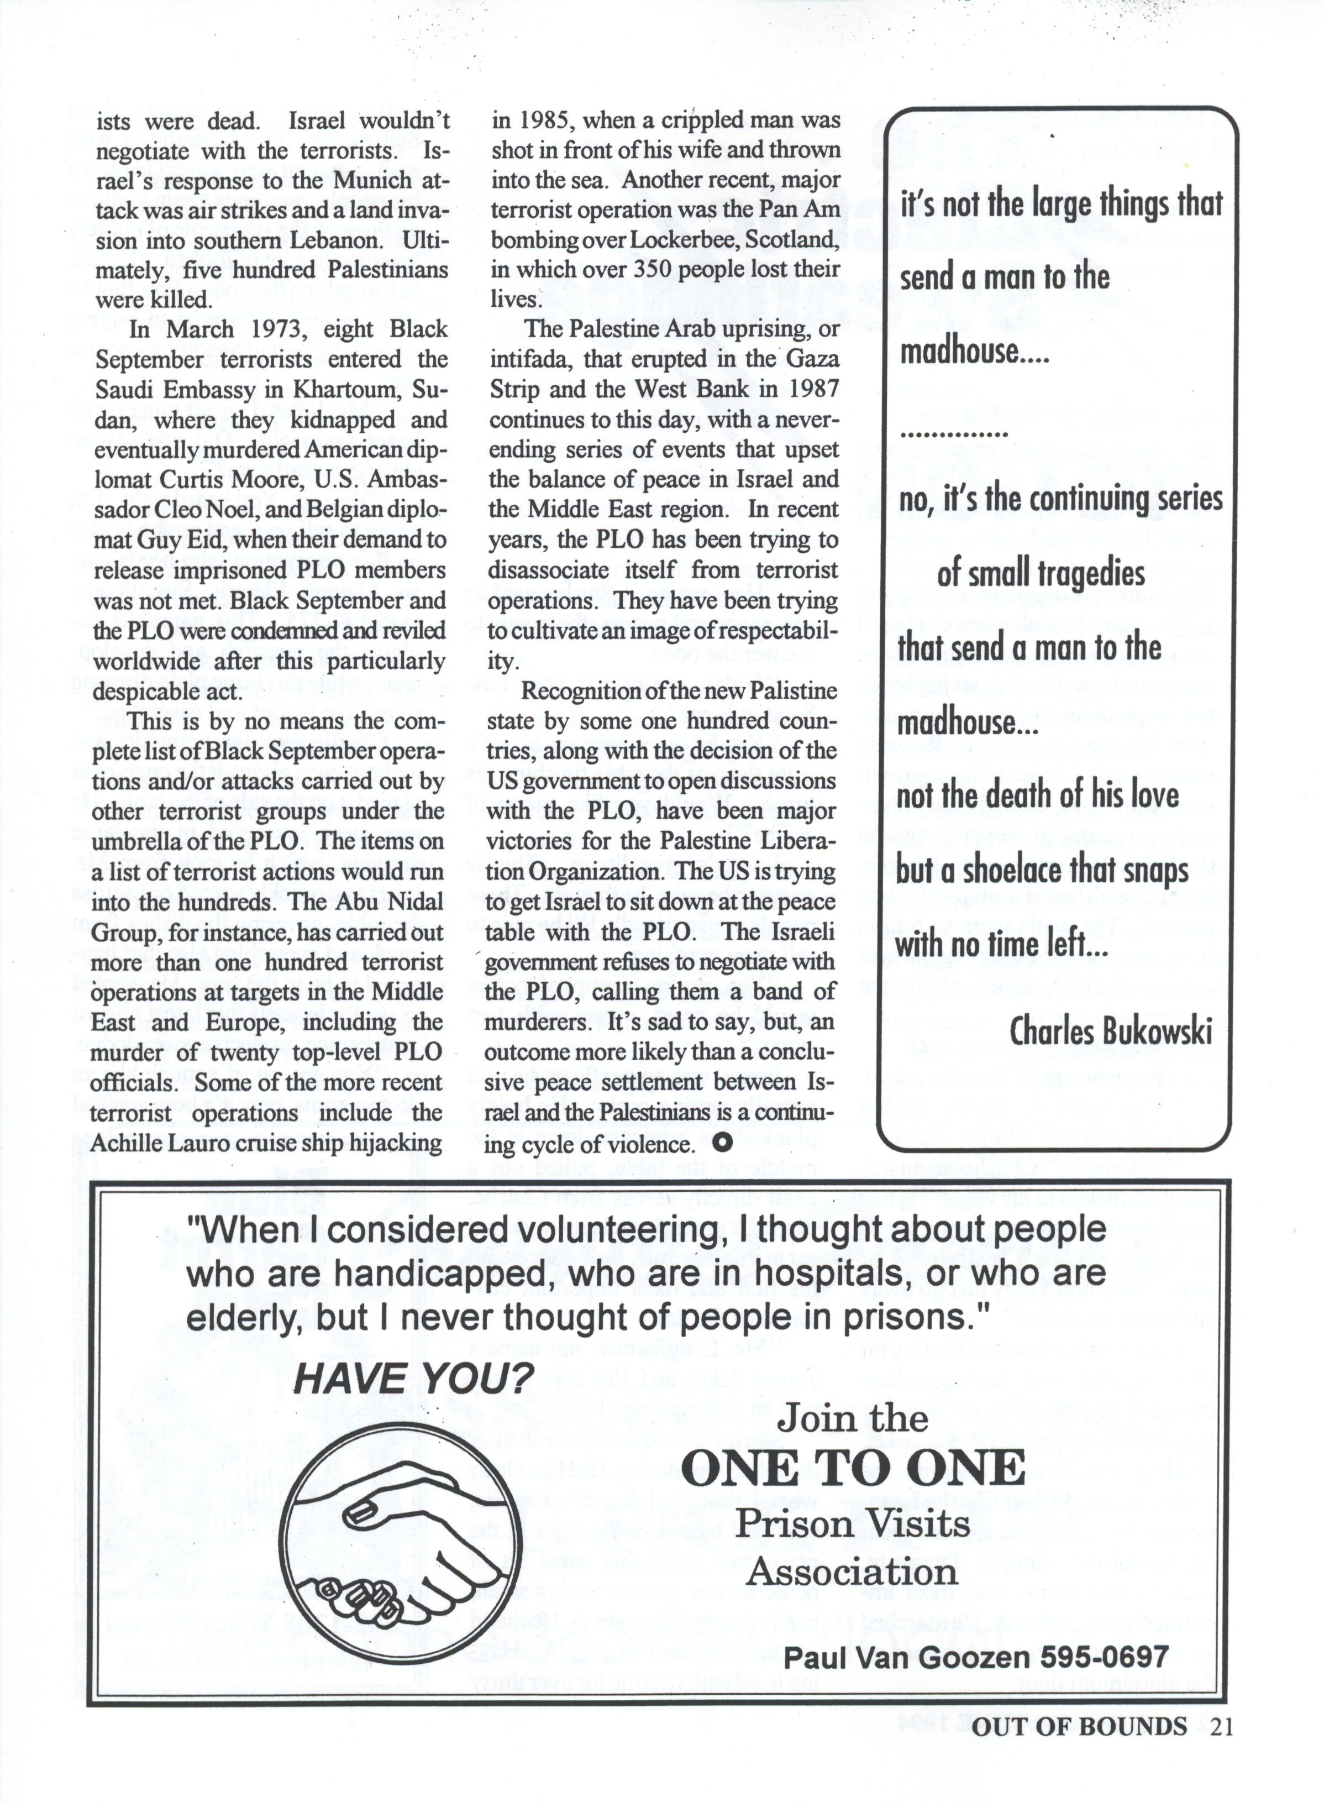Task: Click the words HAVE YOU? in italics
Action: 413,1379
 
